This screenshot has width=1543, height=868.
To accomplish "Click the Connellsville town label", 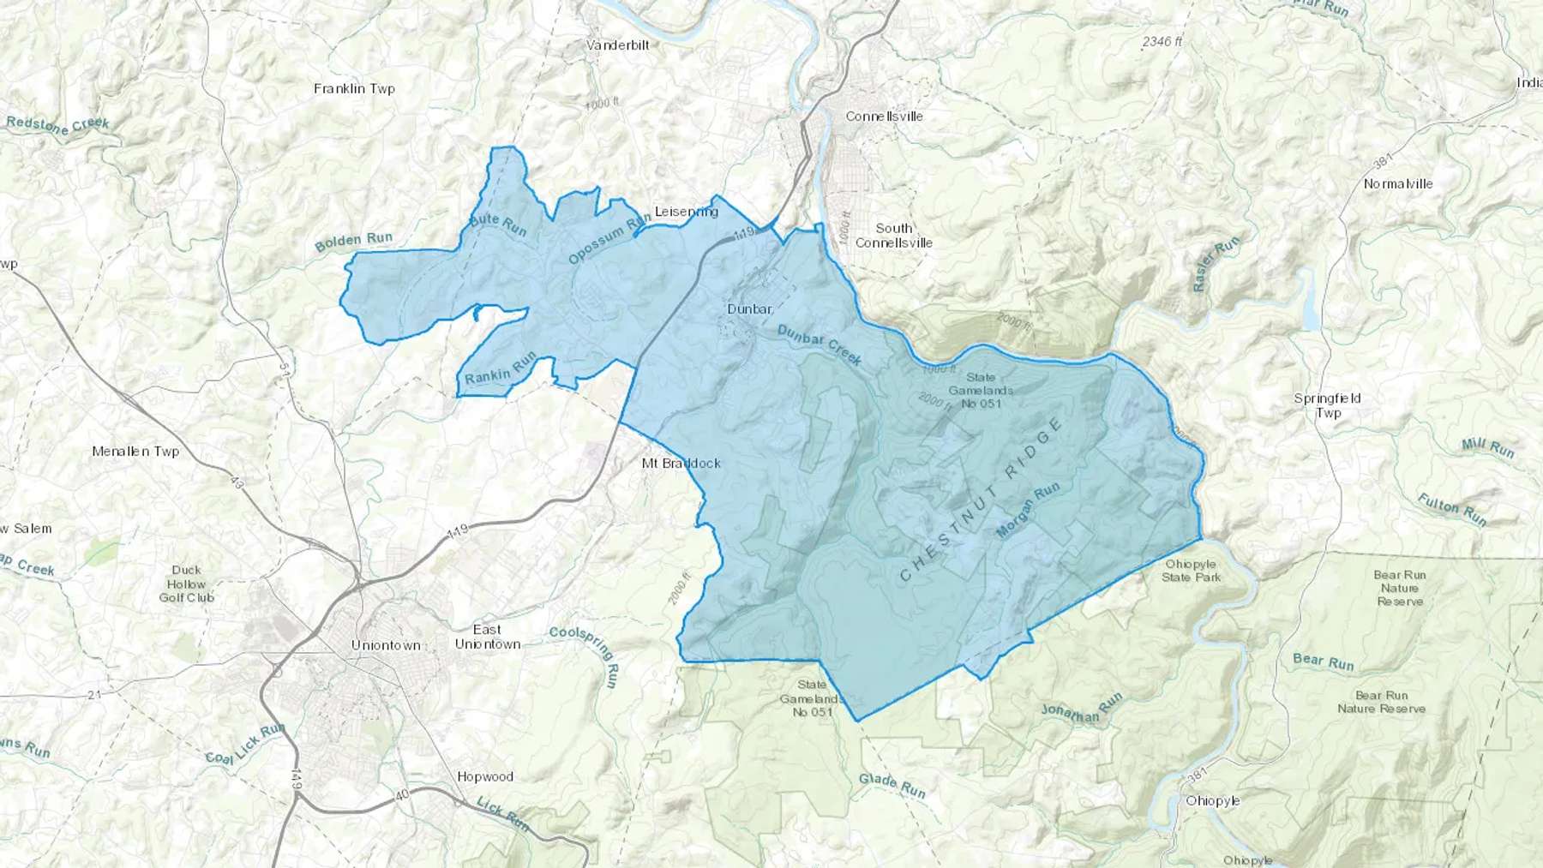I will pyautogui.click(x=884, y=116).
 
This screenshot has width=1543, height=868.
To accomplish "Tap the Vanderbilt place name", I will pyautogui.click(x=617, y=45).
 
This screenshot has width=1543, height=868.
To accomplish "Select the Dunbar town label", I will pyautogui.click(x=749, y=308).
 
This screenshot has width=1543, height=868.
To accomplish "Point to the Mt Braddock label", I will pyautogui.click(x=681, y=463).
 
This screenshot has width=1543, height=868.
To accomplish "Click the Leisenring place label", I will pyautogui.click(x=686, y=211).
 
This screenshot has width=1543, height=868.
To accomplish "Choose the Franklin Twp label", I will pyautogui.click(x=354, y=88).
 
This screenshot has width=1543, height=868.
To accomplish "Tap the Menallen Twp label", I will pyautogui.click(x=135, y=451).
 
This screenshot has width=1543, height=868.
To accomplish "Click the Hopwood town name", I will pyautogui.click(x=485, y=776).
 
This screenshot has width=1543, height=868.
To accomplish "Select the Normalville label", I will pyautogui.click(x=1397, y=183).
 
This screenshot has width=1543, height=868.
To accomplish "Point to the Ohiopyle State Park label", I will pyautogui.click(x=1191, y=571).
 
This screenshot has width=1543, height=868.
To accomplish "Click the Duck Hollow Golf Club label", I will pyautogui.click(x=186, y=584).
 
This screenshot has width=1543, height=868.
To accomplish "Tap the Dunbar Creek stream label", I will pyautogui.click(x=820, y=344).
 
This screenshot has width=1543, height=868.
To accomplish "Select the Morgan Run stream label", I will pyautogui.click(x=1028, y=510).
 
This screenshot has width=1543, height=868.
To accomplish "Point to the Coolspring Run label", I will pyautogui.click(x=585, y=653).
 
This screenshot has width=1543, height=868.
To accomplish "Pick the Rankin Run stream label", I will pyautogui.click(x=500, y=368).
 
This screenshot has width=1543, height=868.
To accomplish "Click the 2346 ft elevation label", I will pyautogui.click(x=1162, y=41).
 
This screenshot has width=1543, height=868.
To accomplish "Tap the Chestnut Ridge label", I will pyautogui.click(x=981, y=501).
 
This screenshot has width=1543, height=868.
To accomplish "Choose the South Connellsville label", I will pyautogui.click(x=893, y=235).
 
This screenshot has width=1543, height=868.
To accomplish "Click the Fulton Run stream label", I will pyautogui.click(x=1451, y=509).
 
